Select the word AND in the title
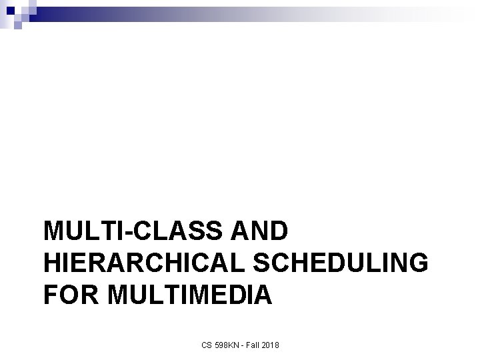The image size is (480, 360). (x=262, y=231)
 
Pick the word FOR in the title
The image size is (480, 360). (x=68, y=294)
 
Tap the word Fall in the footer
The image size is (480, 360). (x=253, y=345)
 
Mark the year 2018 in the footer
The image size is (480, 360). (x=272, y=345)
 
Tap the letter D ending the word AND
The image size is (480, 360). (x=279, y=231)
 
